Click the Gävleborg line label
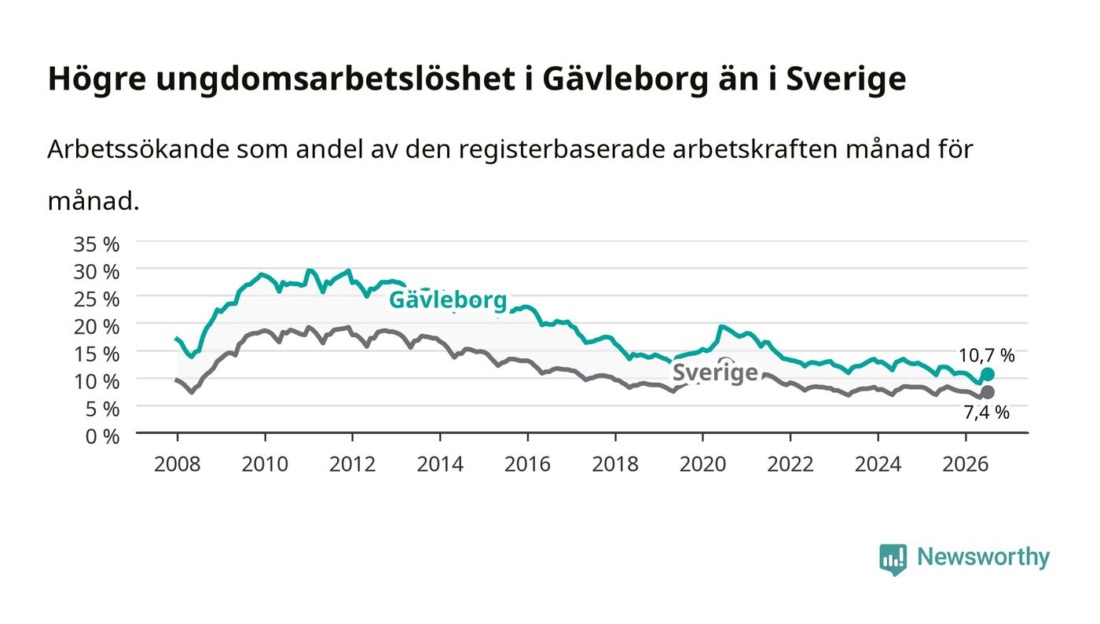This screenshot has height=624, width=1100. pyautogui.click(x=448, y=299)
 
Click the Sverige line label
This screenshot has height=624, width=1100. pyautogui.click(x=715, y=372)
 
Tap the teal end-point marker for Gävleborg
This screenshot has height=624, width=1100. pyautogui.click(x=988, y=374)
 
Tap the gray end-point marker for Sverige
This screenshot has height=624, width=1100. pyautogui.click(x=988, y=392)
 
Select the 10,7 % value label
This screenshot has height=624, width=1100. pyautogui.click(x=987, y=355)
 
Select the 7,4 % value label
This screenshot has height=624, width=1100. pyautogui.click(x=987, y=413)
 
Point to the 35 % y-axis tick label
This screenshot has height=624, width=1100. pyautogui.click(x=97, y=244)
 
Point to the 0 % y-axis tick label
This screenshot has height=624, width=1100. pyautogui.click(x=103, y=436)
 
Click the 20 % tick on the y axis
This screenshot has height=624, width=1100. pyautogui.click(x=97, y=326)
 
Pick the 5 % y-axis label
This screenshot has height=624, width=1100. pyautogui.click(x=103, y=409)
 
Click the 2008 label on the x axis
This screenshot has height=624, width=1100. pyautogui.click(x=178, y=464)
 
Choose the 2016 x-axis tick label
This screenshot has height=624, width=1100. pyautogui.click(x=527, y=464)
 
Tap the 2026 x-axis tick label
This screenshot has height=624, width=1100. pyautogui.click(x=966, y=464)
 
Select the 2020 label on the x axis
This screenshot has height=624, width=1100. pyautogui.click(x=702, y=464)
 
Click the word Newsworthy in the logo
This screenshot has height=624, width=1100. pyautogui.click(x=984, y=556)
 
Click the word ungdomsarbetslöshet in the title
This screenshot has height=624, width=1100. pyautogui.click(x=335, y=79)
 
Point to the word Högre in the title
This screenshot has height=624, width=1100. pyautogui.click(x=97, y=79)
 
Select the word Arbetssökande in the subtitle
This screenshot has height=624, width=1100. pyautogui.click(x=138, y=149)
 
